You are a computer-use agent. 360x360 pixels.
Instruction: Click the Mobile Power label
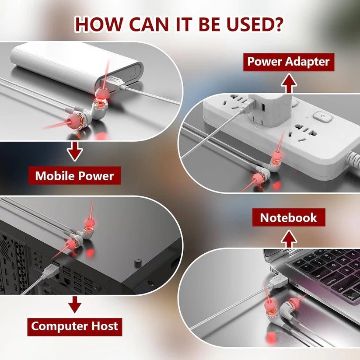point(74,176)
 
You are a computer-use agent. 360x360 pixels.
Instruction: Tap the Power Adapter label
point(289,62)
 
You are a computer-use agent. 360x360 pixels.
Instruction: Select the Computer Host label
point(75,327)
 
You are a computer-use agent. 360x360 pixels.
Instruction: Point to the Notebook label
point(289,217)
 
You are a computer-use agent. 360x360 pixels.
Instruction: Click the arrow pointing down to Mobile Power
point(75,151)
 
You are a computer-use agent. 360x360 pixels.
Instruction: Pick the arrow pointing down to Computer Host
point(75,304)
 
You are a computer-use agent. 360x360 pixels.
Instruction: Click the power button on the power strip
point(323,116)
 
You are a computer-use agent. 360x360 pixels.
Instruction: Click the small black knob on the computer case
point(137,263)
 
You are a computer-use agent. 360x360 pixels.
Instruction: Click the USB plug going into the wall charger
point(248,106)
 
